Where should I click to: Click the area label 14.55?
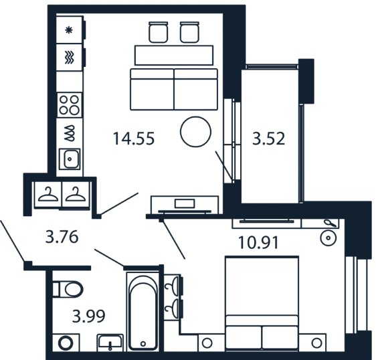point(134,139)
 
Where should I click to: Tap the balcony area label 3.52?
point(268,139)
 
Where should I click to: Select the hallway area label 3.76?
point(62,237)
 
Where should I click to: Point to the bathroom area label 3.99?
point(89,316)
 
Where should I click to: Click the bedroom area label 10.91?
point(258,243)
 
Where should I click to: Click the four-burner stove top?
point(70,105)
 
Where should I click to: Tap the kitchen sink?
point(70,159)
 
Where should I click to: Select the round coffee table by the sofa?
point(195,132)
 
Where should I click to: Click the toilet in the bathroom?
point(68,289)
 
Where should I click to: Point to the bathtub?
point(143,312)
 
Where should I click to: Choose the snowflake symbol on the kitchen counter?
point(69,30)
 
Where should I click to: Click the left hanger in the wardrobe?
point(48,194)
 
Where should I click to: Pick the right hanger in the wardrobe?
point(76,194)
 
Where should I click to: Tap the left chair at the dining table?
point(159,32)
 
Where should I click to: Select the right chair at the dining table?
point(189,32)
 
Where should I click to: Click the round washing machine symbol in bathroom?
point(66,343)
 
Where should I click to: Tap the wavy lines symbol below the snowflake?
point(70,58)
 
